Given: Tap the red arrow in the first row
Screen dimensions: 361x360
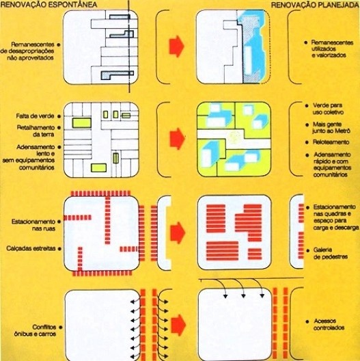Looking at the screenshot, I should point(177,45).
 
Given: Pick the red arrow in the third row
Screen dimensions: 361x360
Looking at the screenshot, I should point(177,231).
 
